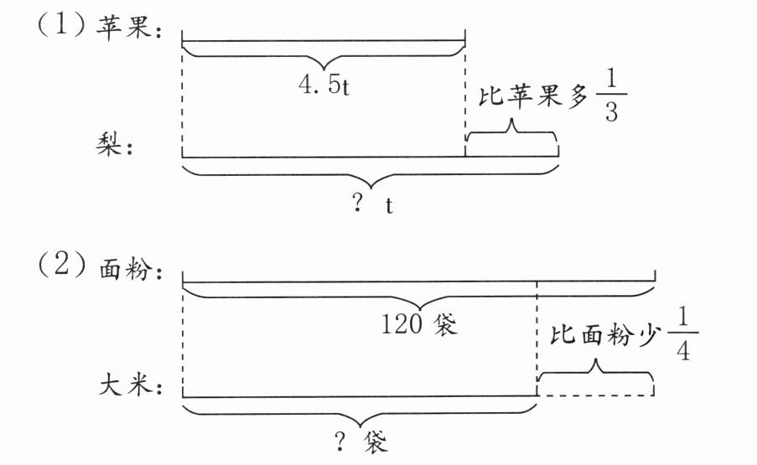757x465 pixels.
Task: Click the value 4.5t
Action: (323, 86)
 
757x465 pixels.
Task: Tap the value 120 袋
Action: (417, 323)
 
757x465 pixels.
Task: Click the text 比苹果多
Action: (530, 99)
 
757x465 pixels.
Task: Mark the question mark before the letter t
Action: (359, 204)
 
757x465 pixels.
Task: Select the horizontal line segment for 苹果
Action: (323, 39)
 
